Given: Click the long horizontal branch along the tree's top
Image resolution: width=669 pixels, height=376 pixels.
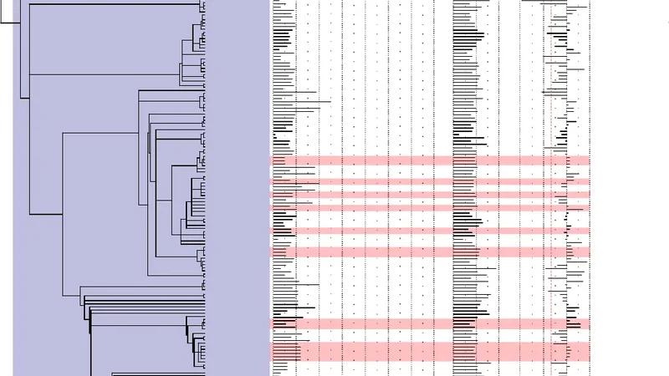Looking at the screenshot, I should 109,5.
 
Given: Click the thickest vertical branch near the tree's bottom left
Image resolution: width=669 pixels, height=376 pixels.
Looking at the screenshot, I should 90,343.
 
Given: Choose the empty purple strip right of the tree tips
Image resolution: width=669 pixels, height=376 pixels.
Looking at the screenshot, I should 238,188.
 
